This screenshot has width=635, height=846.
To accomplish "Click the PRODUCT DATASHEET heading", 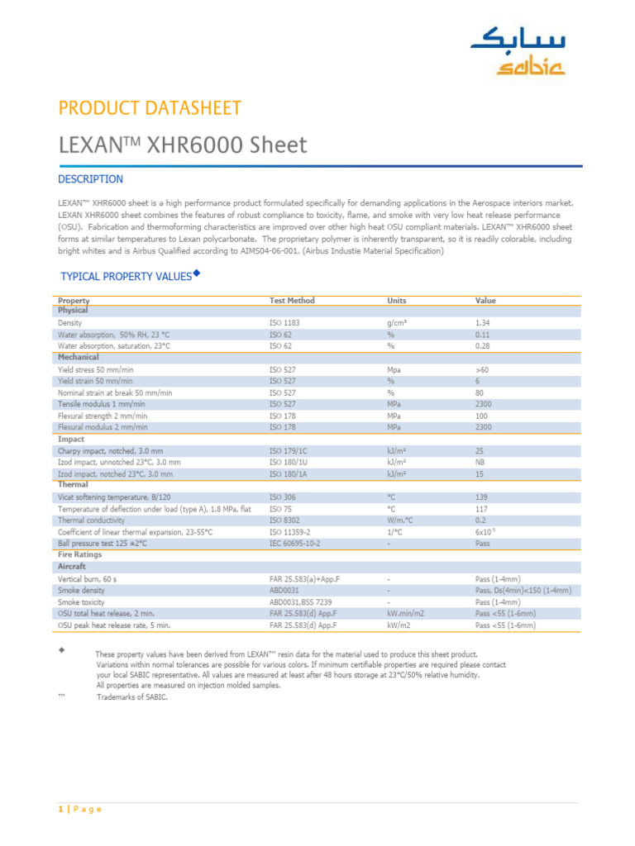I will point(150,108).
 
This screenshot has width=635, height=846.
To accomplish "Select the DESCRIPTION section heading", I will point(90,179).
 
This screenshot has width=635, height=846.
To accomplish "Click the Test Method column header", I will point(292,301).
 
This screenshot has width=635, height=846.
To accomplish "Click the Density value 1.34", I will point(483,323).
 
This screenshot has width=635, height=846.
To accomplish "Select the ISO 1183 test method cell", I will point(285,323).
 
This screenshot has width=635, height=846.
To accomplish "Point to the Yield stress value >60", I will point(483,370).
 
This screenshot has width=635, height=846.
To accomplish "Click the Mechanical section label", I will point(79,358).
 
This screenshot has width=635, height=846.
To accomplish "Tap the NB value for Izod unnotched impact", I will point(481,463).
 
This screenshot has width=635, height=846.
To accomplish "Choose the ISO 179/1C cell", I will point(289,452).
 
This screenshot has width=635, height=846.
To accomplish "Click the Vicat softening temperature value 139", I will point(482,498).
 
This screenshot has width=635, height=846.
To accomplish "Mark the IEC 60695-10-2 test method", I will point(294,544).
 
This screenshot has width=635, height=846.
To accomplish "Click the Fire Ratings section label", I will point(81,556).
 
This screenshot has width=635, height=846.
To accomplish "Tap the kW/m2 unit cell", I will point(399,626).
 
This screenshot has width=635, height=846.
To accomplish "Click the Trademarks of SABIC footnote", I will point(131,697).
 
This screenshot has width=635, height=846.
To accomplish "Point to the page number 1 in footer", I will point(60,809).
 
